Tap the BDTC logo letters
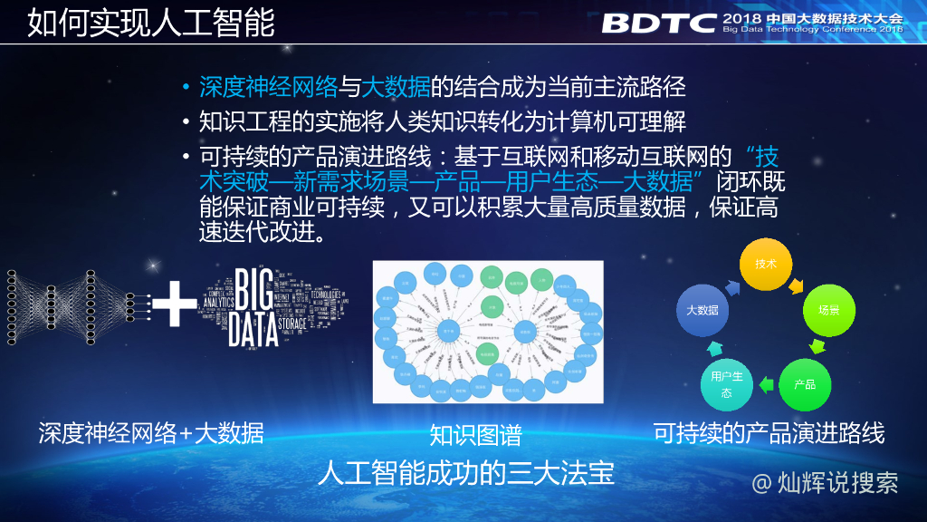coord(659,22)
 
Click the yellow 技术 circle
coord(767,264)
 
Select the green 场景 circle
coord(828,310)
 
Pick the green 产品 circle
coord(805,384)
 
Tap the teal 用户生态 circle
coord(727,384)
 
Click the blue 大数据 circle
coord(702,310)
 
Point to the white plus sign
coord(174,304)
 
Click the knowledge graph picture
coord(487,332)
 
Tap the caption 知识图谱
coord(475,436)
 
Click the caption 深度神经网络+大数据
coord(151,433)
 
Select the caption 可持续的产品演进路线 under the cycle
coord(769,433)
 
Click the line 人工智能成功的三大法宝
coord(465,474)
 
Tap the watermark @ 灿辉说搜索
coord(825,482)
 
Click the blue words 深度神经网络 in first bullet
coord(268,87)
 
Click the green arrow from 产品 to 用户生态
coord(766,384)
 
